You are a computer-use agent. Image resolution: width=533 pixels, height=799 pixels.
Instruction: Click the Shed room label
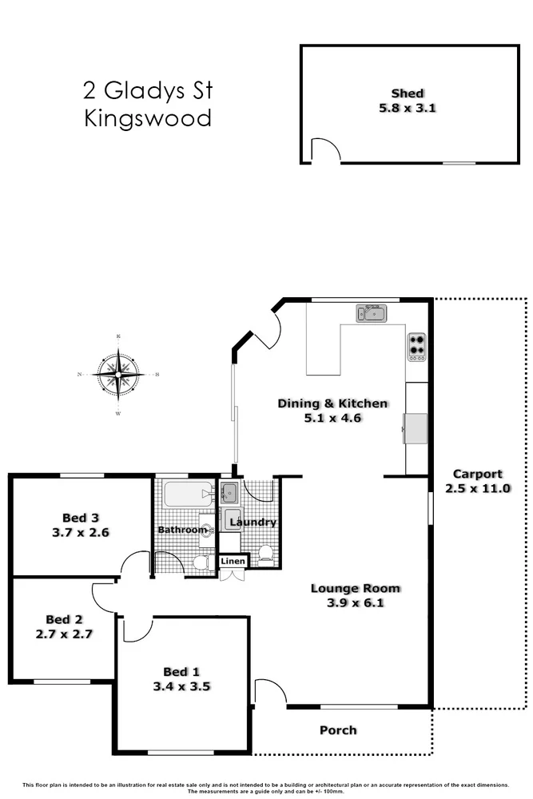click(408, 93)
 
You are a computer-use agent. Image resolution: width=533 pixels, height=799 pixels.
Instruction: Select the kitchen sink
click(372, 312)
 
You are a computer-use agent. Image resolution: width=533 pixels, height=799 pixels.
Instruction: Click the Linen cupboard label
click(233, 562)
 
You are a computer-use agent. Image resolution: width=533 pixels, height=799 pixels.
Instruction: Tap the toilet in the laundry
click(265, 553)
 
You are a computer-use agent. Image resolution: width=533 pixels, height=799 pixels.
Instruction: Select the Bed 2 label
click(64, 619)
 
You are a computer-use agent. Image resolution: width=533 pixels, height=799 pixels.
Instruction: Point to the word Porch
click(338, 730)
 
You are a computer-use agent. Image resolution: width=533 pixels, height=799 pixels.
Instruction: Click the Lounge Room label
click(355, 589)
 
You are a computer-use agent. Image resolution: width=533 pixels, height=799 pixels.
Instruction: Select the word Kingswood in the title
click(148, 119)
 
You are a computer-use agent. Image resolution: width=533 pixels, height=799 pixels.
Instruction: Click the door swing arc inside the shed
click(324, 150)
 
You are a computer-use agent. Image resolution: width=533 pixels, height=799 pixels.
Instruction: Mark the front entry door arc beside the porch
click(269, 692)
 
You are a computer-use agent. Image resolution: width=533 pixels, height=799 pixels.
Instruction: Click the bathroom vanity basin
click(205, 530)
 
